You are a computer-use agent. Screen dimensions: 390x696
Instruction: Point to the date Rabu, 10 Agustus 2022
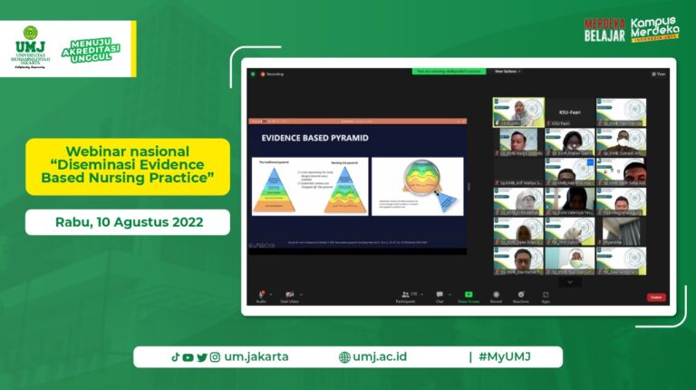[127, 221]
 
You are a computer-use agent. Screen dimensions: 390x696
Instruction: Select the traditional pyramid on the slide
[277, 189]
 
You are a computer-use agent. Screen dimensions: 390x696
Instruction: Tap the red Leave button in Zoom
[656, 297]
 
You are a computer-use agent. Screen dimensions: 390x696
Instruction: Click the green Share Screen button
[469, 297]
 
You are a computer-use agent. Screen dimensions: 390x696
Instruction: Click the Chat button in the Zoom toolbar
[440, 297]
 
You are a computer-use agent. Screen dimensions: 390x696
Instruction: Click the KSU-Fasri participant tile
[570, 112]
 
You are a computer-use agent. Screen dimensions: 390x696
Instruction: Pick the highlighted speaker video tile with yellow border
[518, 112]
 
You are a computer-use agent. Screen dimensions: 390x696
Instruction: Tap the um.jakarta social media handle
[256, 356]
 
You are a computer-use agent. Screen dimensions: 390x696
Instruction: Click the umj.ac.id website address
[380, 356]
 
